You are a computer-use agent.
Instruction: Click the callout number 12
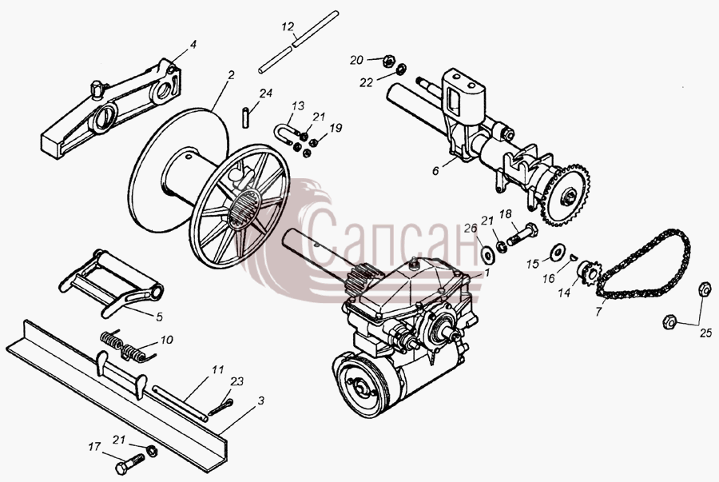pos(288,27)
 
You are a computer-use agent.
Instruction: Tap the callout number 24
pos(266,94)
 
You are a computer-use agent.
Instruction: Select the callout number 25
pos(705,333)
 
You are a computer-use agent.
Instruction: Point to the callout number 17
pos(94,447)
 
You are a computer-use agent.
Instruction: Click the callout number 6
pos(435,170)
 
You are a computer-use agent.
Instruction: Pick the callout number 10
pos(166,340)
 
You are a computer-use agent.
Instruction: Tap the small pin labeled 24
pos(246,115)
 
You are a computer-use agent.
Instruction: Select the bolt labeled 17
pos(131,463)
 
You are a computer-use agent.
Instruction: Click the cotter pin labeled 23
pos(221,407)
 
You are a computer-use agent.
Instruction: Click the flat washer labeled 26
pos(487,253)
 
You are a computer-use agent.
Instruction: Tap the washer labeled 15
pos(557,251)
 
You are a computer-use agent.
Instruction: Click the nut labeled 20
pos(388,60)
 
